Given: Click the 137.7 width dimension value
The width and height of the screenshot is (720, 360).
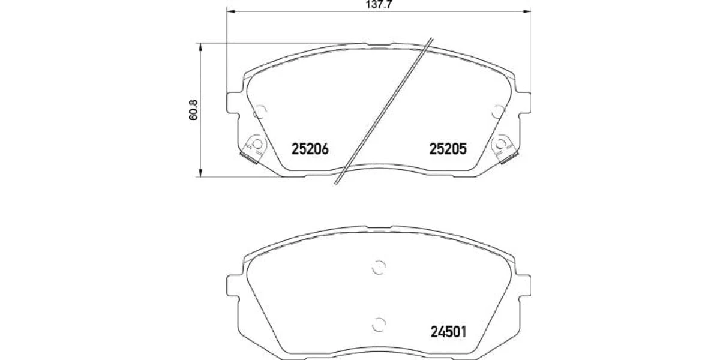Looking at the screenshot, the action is click(379, 4).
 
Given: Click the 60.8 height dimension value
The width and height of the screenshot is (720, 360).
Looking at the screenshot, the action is click(193, 110).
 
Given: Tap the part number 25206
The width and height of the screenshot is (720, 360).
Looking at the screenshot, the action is click(310, 149).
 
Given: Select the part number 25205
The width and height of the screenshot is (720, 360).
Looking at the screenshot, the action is click(448, 149).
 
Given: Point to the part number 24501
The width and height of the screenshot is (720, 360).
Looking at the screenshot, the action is click(448, 332).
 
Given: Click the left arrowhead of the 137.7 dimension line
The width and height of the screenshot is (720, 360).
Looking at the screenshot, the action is click(230, 11).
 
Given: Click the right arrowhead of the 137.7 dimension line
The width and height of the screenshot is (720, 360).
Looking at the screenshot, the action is click(527, 11).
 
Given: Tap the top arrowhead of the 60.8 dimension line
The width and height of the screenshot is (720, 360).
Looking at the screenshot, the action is click(200, 47).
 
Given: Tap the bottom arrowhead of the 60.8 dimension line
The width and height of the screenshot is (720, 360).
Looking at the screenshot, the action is click(200, 173).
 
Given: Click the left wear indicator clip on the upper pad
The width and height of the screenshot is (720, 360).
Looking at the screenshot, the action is click(254, 149).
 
